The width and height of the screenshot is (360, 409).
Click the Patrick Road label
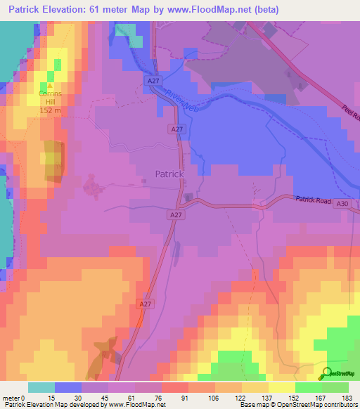click(312, 200)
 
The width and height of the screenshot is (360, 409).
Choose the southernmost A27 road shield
click(144, 304)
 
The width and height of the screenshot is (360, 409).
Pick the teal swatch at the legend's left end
click(41, 387)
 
